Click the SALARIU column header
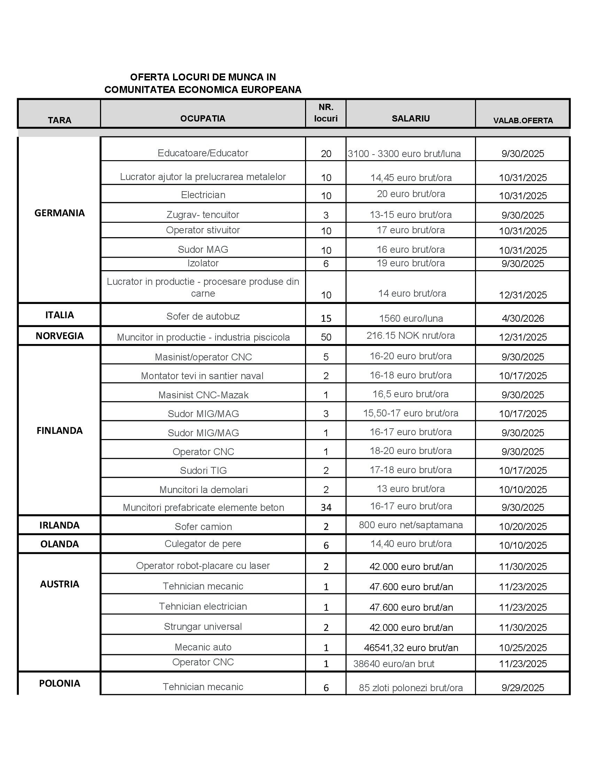coord(410,118)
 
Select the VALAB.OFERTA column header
coord(523,121)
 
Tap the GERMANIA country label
coord(60,213)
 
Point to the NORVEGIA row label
coord(60,336)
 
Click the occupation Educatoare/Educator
coord(203,153)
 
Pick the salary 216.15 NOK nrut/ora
coord(410,336)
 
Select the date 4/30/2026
coord(523,319)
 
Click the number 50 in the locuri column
coord(326,337)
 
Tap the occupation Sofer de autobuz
coord(203,316)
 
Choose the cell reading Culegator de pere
coord(203,544)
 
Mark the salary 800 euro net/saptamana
coord(410,525)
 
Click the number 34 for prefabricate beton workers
coord(326,508)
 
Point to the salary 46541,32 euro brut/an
coord(411,648)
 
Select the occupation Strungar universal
coord(203,627)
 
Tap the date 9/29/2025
coord(523,688)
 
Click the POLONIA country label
coord(60,683)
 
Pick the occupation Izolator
coord(203,263)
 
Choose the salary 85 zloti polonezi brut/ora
coord(410,688)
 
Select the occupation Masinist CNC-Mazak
coord(203,395)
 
